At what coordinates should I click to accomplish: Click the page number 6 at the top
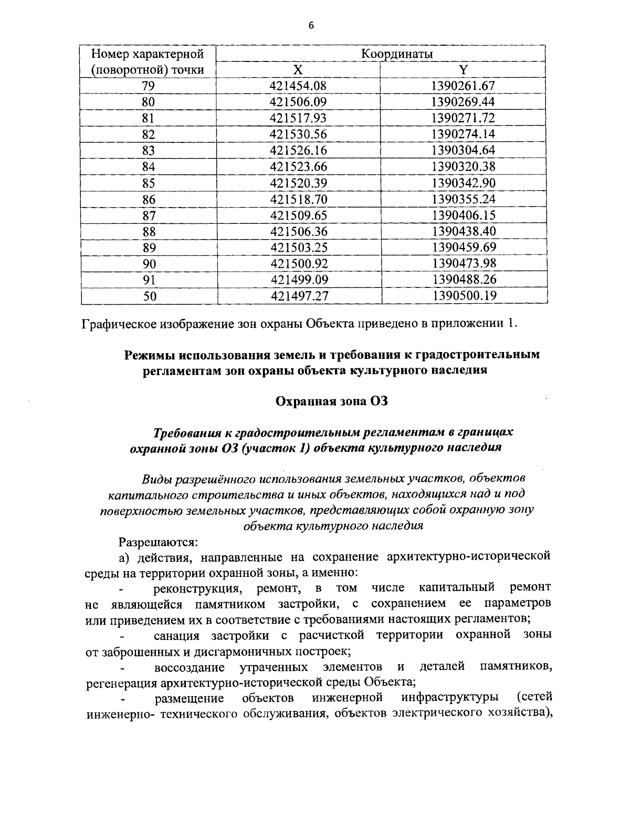click(x=311, y=26)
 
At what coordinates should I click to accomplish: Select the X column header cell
click(x=297, y=70)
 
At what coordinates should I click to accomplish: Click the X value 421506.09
click(x=298, y=102)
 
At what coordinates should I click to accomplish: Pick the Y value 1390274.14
click(x=464, y=134)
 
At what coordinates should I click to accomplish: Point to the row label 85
click(x=149, y=183)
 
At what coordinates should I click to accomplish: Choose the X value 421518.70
click(x=298, y=199)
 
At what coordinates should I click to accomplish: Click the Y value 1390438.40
click(x=464, y=231)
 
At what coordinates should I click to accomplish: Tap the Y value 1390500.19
click(x=465, y=296)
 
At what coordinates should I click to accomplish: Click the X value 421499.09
click(x=299, y=280)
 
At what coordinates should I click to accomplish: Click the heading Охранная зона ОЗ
click(x=332, y=401)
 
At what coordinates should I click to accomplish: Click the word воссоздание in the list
click(x=190, y=668)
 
